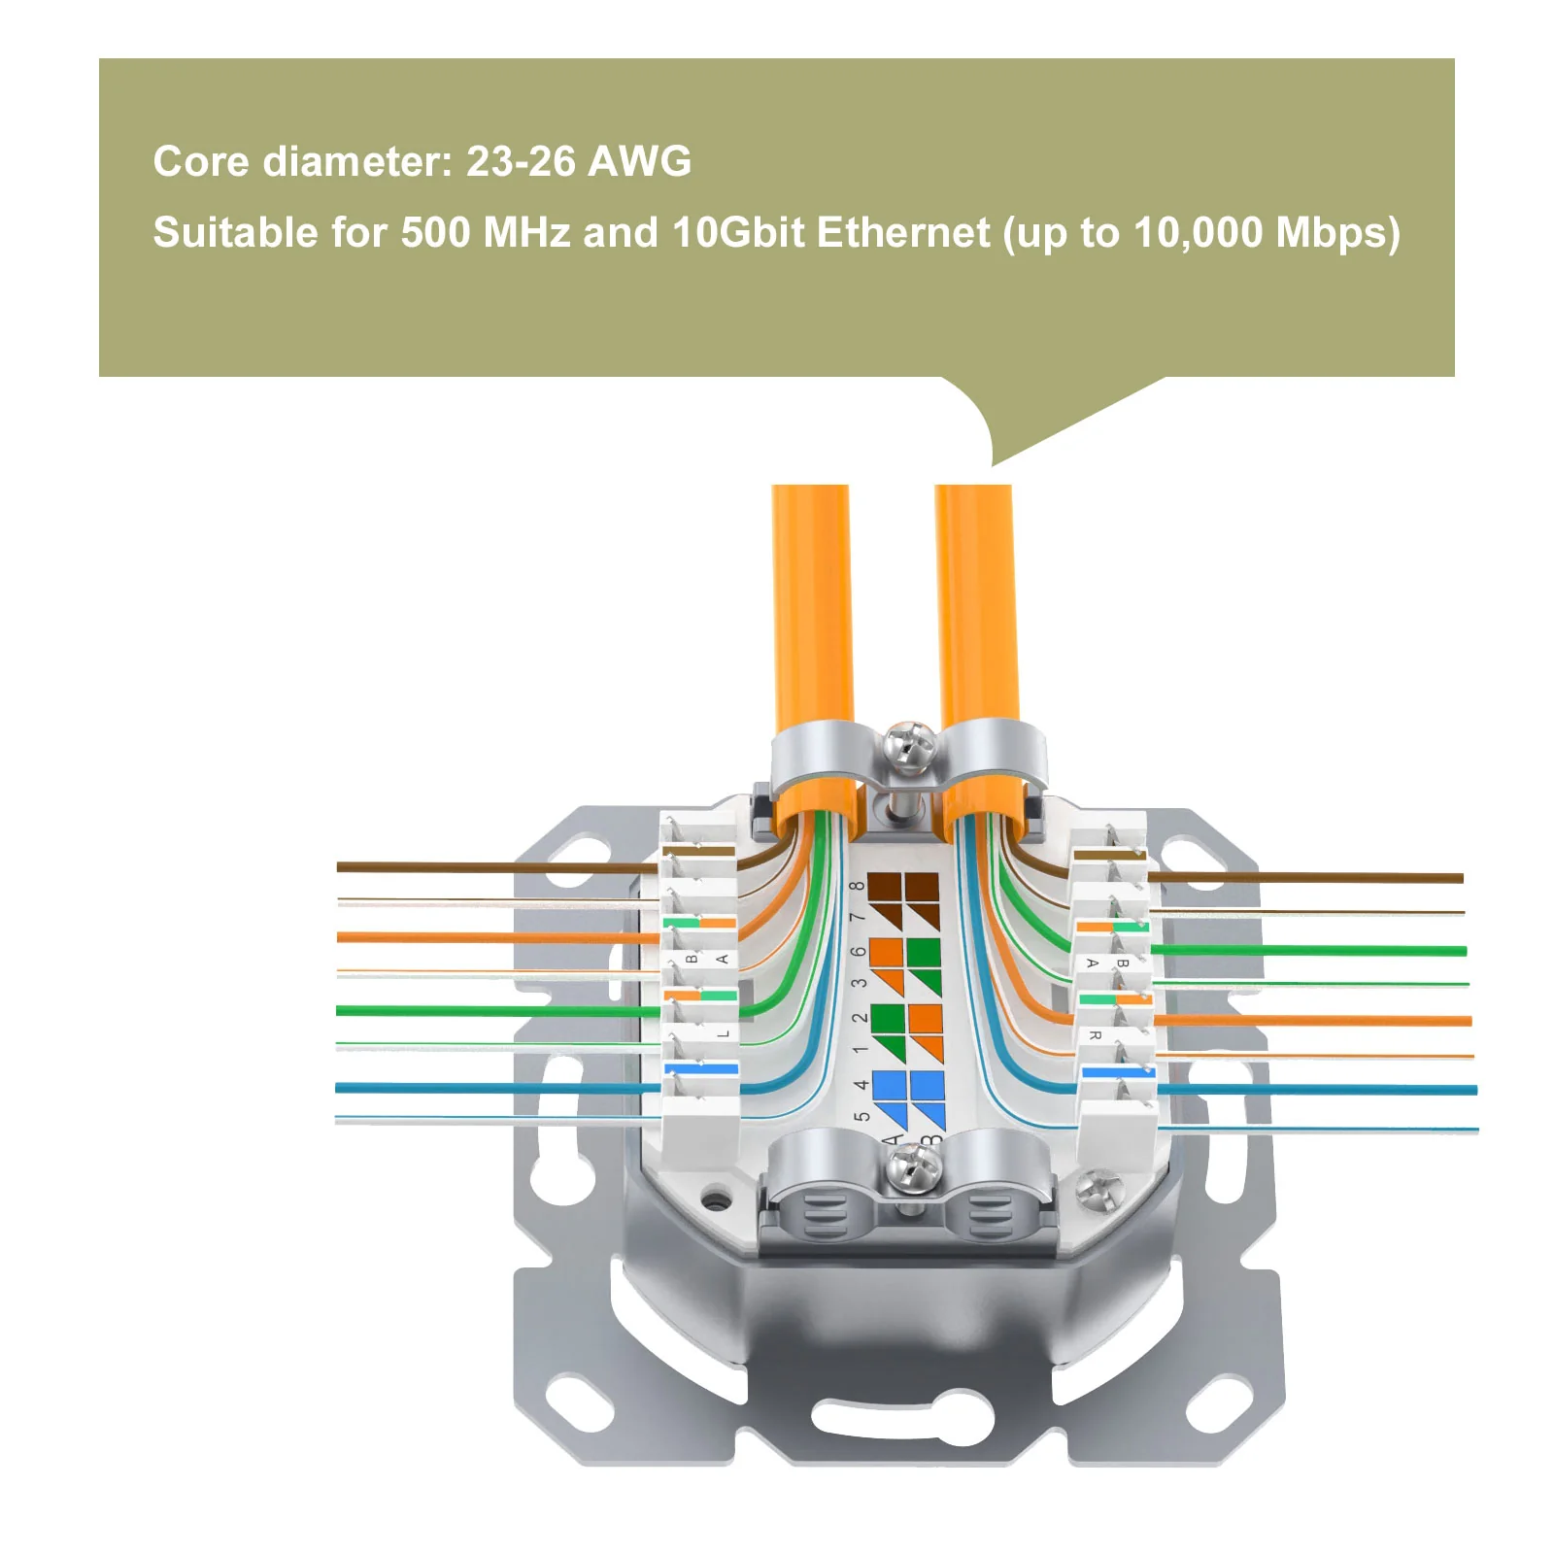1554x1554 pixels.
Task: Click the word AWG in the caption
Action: (640, 161)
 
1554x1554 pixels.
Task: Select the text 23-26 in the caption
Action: (521, 161)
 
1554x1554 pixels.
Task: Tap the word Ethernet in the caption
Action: (904, 233)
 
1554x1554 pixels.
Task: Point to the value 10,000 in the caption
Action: (1199, 233)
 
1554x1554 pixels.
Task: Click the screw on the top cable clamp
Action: (911, 747)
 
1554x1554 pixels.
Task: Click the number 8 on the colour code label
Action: (857, 886)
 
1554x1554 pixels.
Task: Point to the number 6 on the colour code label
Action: (858, 952)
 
